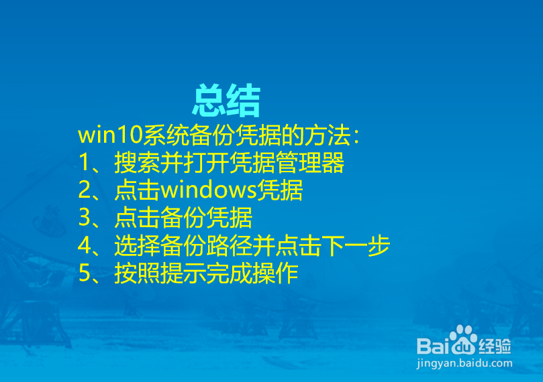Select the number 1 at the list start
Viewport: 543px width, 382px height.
(84, 164)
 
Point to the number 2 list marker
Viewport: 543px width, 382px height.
(84, 191)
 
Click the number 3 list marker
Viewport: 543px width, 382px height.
(84, 218)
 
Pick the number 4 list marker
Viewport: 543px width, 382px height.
(84, 246)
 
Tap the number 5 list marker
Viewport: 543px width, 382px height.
(84, 274)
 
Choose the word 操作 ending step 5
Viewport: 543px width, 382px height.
(275, 274)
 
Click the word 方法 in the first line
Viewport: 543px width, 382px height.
(328, 135)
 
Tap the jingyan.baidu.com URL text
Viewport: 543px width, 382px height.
(464, 363)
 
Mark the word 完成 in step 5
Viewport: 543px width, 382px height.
(229, 274)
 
